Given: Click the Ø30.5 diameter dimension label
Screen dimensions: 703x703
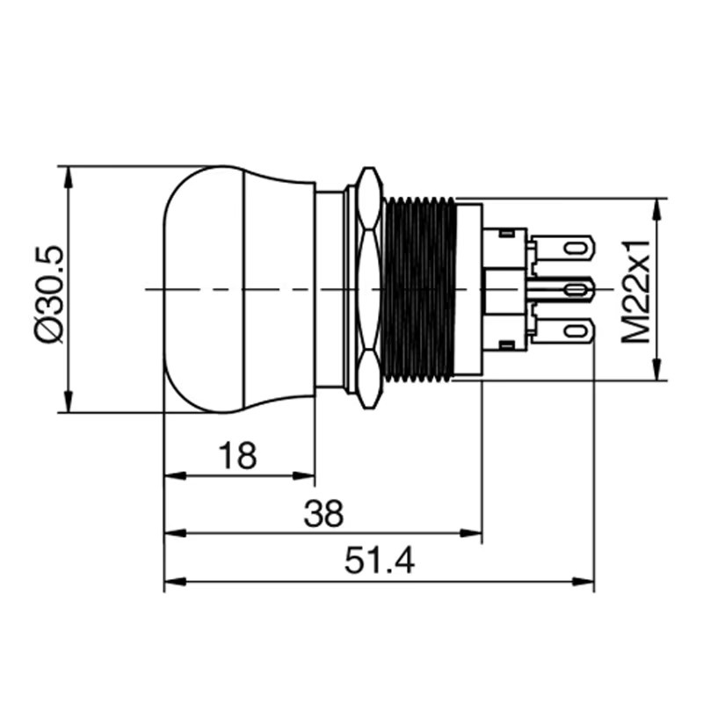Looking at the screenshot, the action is coord(49,294).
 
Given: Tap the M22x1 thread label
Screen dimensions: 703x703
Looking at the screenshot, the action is coord(635,292).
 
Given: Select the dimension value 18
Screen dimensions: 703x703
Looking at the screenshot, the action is coord(237,455).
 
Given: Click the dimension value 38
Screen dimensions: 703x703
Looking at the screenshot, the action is coord(323,513).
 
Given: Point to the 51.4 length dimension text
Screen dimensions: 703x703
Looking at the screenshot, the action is coord(380,561).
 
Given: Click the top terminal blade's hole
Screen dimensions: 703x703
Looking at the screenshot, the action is coord(576,248).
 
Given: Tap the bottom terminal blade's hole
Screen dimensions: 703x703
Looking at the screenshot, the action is coord(576,331).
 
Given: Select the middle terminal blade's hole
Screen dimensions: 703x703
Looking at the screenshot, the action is coord(576,290).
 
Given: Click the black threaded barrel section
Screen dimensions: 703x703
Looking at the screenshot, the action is coord(419,289).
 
